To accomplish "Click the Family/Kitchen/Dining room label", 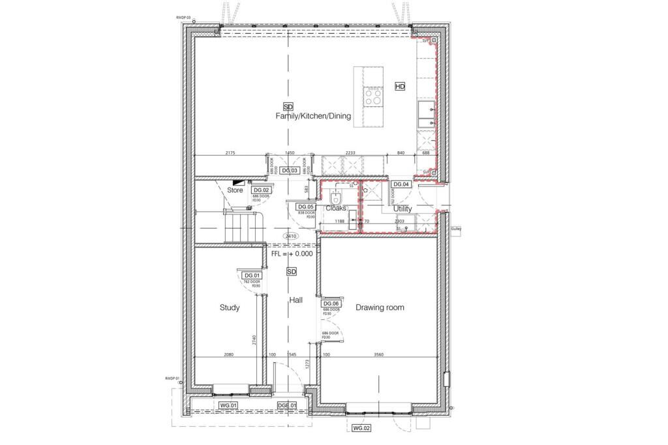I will point(312,117).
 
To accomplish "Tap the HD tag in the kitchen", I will point(400,87).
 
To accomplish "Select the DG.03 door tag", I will point(290,171).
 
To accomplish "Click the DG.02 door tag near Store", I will point(262,190).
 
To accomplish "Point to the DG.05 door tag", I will point(306,207).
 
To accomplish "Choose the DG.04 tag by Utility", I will point(401,184).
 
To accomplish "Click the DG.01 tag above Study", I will point(252,276).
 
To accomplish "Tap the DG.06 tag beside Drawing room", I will point(331,304).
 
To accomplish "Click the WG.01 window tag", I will point(229,405).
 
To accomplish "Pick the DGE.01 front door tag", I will point(286,405).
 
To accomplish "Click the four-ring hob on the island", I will point(373,97).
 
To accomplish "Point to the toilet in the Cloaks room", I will point(334,198).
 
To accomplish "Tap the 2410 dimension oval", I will point(291,236).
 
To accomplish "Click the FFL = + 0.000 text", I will point(292,253).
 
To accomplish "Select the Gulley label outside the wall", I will point(455,229).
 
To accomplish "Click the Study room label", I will point(230,308).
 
